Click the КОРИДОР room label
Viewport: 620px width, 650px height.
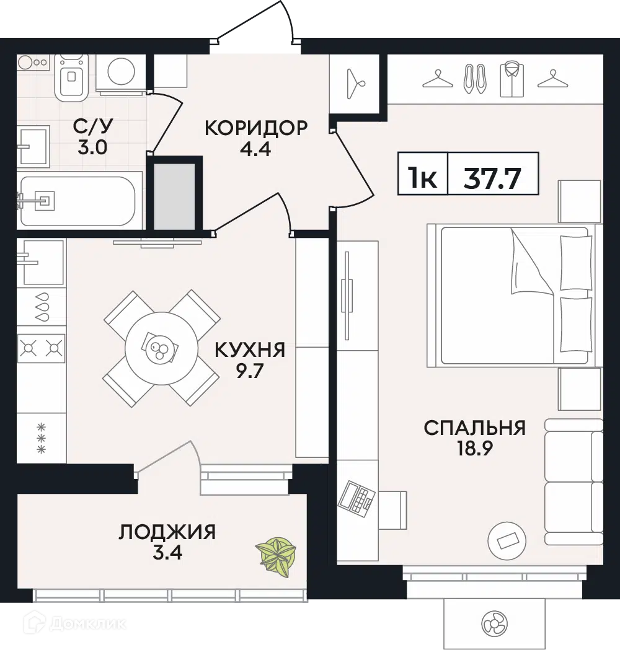point(255,128)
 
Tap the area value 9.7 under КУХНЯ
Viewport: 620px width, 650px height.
point(250,373)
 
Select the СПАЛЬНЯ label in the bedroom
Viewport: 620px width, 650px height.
point(474,428)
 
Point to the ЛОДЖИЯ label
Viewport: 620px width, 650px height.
point(167,532)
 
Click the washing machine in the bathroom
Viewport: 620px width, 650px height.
point(122,73)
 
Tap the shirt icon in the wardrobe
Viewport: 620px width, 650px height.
point(511,79)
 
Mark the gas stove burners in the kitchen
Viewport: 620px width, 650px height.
point(42,349)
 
